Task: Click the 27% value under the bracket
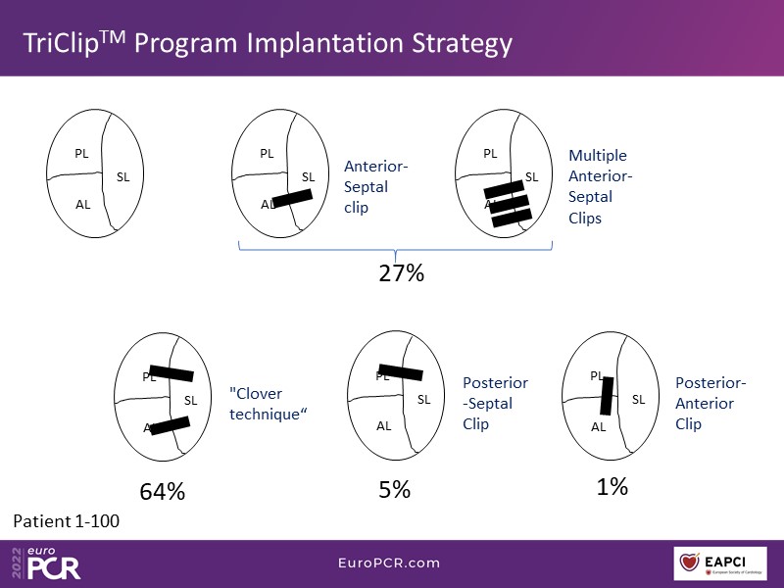click(x=401, y=273)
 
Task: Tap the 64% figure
click(x=163, y=491)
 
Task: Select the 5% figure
click(x=394, y=489)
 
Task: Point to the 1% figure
click(x=612, y=486)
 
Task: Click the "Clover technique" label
click(x=269, y=404)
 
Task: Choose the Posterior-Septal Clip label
click(x=495, y=403)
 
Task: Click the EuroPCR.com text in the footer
click(x=390, y=563)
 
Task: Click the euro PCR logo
click(x=49, y=563)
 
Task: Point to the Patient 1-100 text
click(x=67, y=520)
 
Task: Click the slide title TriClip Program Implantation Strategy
click(x=268, y=43)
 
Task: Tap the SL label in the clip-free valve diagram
click(x=122, y=176)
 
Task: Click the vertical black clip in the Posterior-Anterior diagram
click(x=607, y=395)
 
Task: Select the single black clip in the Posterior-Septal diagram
click(x=400, y=372)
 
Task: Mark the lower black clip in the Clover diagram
click(x=169, y=425)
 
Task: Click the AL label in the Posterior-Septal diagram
click(x=384, y=425)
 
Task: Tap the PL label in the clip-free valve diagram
click(x=81, y=153)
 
